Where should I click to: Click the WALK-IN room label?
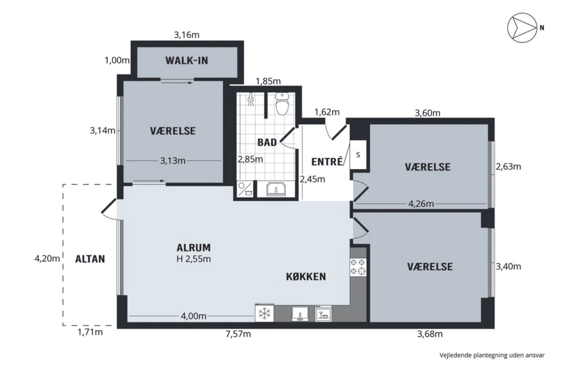[x=186, y=60]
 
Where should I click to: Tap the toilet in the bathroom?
[x=282, y=104]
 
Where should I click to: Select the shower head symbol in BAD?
[x=251, y=99]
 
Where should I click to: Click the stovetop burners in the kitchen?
[x=358, y=267]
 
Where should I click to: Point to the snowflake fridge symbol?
[x=265, y=313]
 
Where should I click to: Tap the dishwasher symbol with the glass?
[x=323, y=314]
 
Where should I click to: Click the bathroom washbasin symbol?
[x=276, y=189]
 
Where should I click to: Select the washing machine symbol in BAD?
[x=245, y=189]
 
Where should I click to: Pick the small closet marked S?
[x=358, y=155]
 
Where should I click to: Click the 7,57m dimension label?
[x=238, y=334]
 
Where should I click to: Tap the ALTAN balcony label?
[x=90, y=259]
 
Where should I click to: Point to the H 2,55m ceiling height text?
[x=194, y=259]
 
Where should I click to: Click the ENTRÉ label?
[x=327, y=162]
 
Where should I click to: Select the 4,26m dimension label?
[x=421, y=204]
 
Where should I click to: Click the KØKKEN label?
[x=306, y=277]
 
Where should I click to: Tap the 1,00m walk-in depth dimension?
[x=117, y=60]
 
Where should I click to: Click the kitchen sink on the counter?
[x=300, y=313]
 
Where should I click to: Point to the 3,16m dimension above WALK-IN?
[x=187, y=35]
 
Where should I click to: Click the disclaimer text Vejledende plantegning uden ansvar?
[x=492, y=355]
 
